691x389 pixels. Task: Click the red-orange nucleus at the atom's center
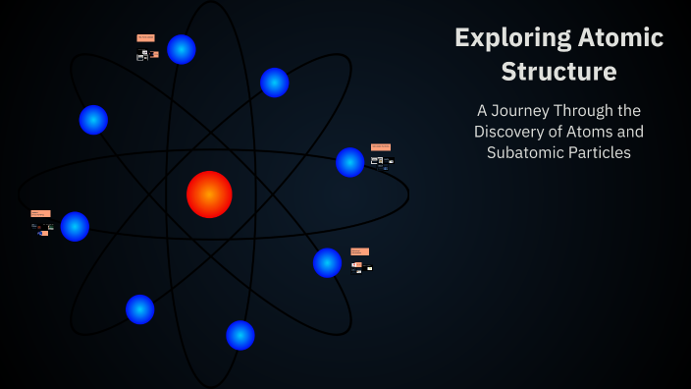point(209,194)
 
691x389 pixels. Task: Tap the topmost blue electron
point(182,49)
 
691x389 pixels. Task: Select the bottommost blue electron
point(240,335)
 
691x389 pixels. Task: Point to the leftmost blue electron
point(75,226)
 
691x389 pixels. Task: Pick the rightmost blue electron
point(350,162)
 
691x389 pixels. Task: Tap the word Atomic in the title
point(619,38)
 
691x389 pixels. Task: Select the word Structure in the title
point(558,72)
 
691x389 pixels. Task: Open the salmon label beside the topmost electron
point(145,38)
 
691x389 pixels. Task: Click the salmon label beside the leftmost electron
point(40,213)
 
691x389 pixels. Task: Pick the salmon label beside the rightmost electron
point(381,147)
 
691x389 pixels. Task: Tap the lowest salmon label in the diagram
point(359,251)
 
